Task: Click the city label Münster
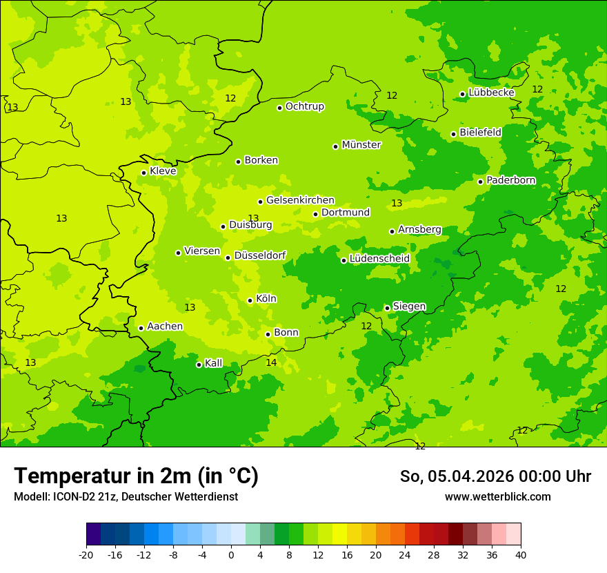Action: [x=361, y=145]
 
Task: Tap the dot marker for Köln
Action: [x=250, y=300]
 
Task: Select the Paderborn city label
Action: [x=510, y=180]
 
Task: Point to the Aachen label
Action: [x=165, y=327]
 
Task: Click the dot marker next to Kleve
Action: [x=143, y=173]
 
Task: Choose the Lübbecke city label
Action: [x=491, y=93]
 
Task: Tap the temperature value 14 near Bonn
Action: [x=271, y=362]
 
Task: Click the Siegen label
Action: [x=409, y=307]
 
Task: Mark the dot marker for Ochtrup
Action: [x=279, y=108]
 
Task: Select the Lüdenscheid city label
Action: [x=379, y=259]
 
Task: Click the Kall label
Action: [x=213, y=363]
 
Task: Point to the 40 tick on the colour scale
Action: [x=520, y=555]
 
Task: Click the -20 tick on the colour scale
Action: [x=86, y=555]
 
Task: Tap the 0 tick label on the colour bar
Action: [x=231, y=555]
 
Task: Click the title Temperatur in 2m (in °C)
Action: [x=136, y=476]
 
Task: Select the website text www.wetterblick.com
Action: [x=497, y=497]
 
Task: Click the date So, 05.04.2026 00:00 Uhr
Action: [x=495, y=476]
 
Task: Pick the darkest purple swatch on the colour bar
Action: [x=93, y=534]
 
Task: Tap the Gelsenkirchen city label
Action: [x=300, y=200]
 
